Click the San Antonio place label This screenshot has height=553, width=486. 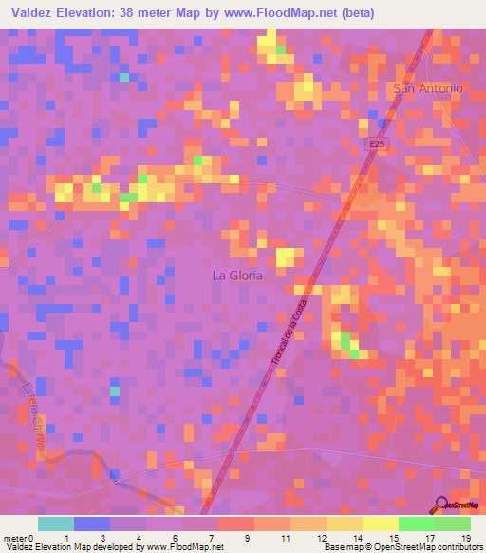tap(427, 88)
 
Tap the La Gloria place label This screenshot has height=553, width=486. tap(236, 276)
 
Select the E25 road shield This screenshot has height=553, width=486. tap(379, 143)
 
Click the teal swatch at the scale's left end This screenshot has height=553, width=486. tap(56, 524)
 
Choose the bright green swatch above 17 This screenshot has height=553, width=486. tap(417, 524)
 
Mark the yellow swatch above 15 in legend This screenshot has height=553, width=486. tap(381, 524)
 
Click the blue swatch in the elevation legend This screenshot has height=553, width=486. tap(92, 524)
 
